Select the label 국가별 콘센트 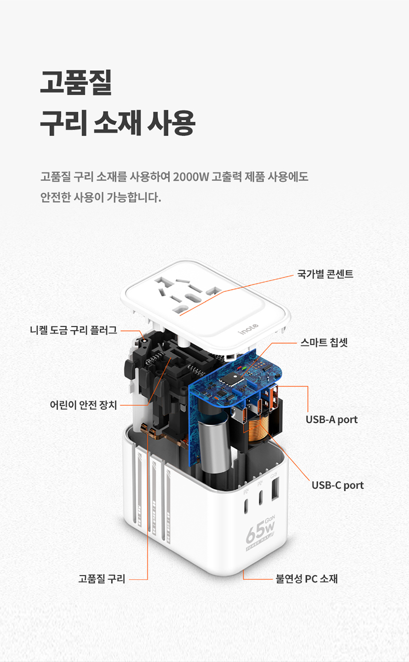[325, 274]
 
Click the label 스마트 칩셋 [324, 342]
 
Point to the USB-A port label [331, 419]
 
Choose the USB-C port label [338, 485]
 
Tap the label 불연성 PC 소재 [307, 579]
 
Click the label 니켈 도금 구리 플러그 [73, 330]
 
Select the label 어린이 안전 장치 [83, 405]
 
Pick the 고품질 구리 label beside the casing [102, 579]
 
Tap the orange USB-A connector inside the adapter [273, 397]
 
